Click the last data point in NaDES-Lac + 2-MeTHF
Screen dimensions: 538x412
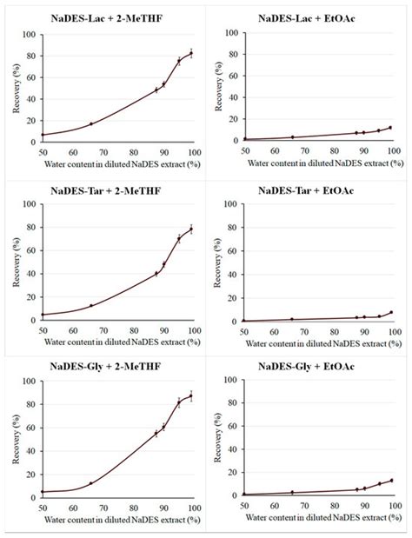coord(191,54)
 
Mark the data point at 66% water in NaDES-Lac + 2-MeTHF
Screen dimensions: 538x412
coord(91,123)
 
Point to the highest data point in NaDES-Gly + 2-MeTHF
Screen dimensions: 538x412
coord(191,396)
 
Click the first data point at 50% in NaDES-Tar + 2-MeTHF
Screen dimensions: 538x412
coord(43,315)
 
